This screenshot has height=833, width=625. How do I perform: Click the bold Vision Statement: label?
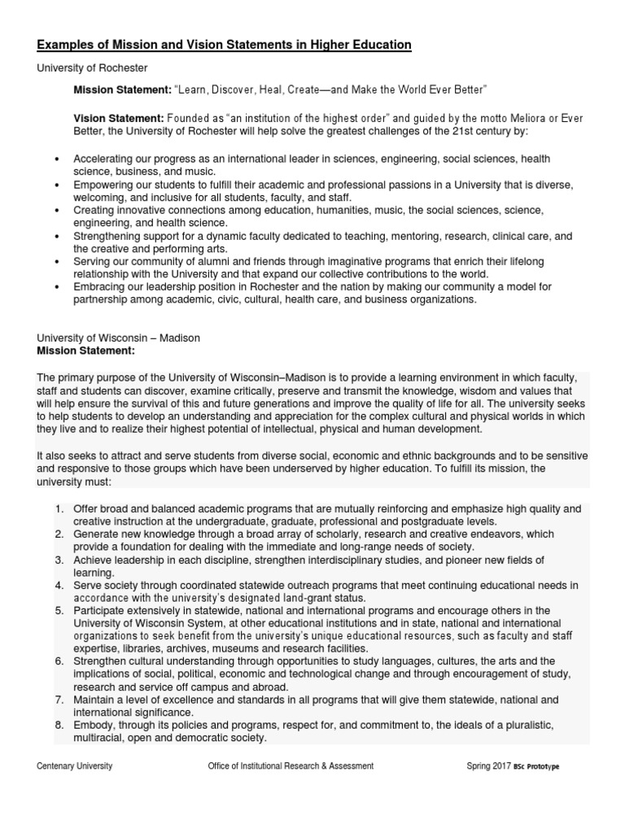[119, 119]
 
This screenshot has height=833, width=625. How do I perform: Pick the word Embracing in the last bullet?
[101, 288]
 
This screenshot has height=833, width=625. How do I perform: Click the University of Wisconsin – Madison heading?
[119, 338]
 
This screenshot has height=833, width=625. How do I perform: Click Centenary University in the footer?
[75, 765]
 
